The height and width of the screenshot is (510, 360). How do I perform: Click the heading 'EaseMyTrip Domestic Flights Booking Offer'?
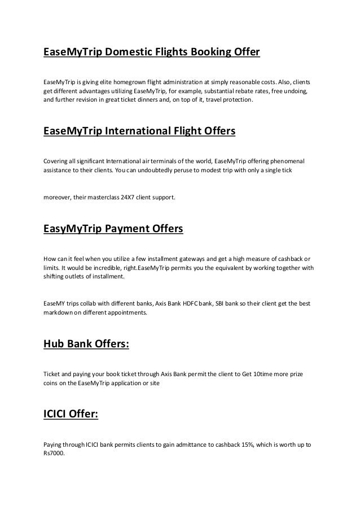point(152,53)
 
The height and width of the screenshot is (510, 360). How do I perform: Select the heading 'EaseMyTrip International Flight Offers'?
point(139,133)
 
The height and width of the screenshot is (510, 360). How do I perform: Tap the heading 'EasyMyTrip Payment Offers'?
point(113,230)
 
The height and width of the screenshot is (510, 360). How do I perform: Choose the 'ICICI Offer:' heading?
point(71,415)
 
